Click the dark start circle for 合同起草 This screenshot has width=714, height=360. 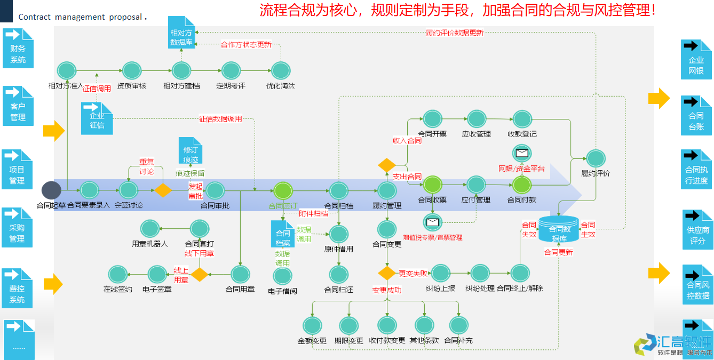click(x=51, y=190)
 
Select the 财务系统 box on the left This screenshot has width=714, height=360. click(x=18, y=49)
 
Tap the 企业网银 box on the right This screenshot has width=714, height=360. click(x=696, y=59)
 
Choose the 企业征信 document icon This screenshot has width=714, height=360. click(x=97, y=118)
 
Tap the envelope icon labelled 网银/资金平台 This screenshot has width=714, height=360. click(x=521, y=154)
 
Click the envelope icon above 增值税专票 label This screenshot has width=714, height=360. click(x=432, y=222)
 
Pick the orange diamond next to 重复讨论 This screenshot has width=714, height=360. click(x=162, y=190)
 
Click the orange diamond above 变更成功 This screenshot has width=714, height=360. click(x=386, y=273)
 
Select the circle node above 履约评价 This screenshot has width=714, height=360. click(x=596, y=158)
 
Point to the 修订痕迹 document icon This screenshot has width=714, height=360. click(x=191, y=151)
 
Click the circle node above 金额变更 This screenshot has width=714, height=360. click(x=312, y=325)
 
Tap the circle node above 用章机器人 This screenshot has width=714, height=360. click(x=150, y=229)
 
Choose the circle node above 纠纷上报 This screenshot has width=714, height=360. click(x=440, y=273)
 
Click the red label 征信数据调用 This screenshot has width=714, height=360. click(x=220, y=118)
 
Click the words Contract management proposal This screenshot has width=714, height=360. click(x=81, y=17)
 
